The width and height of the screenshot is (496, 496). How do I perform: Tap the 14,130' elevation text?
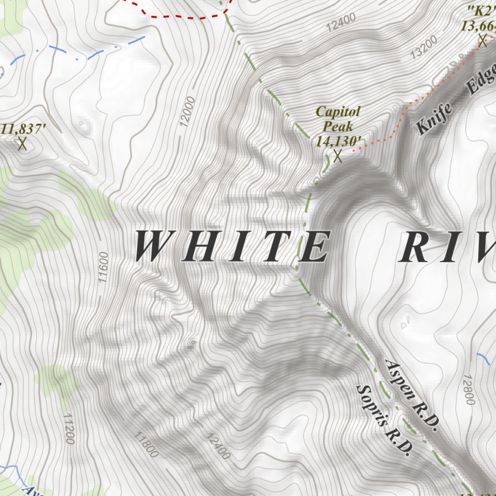coord(339,140)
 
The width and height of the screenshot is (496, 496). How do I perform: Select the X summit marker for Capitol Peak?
coord(338,156)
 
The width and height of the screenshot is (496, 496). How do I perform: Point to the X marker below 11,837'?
coord(22,144)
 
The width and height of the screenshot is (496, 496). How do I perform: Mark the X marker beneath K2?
coord(482,40)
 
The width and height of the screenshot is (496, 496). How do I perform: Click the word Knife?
coord(434,118)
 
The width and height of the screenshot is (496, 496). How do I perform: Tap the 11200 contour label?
coord(69,429)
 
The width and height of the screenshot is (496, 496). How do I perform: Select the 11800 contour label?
coord(146,445)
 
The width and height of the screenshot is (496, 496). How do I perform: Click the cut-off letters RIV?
coord(446,247)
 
